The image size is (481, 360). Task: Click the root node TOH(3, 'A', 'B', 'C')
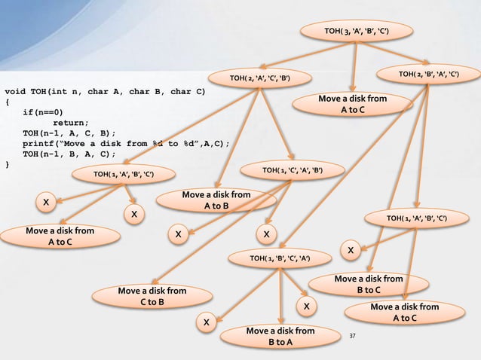357,31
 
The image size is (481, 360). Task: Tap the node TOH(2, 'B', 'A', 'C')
428,74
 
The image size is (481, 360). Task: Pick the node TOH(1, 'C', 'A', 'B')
293,171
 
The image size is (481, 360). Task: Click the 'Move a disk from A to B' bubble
216,201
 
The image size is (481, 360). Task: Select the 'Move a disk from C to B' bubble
152,296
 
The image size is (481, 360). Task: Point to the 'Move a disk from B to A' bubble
280,337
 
